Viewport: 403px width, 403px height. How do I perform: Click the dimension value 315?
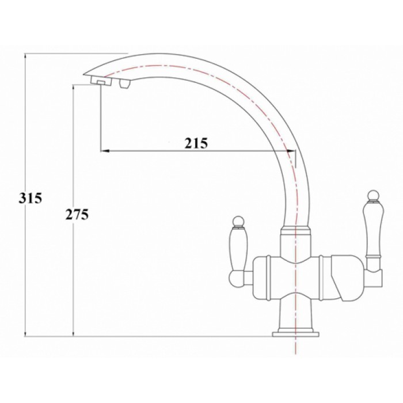[x=31, y=199]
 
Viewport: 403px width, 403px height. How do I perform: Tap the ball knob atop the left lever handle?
[x=237, y=220]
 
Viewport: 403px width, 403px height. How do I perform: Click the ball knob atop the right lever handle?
[x=371, y=193]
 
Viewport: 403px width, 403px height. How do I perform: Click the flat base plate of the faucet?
[x=294, y=332]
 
